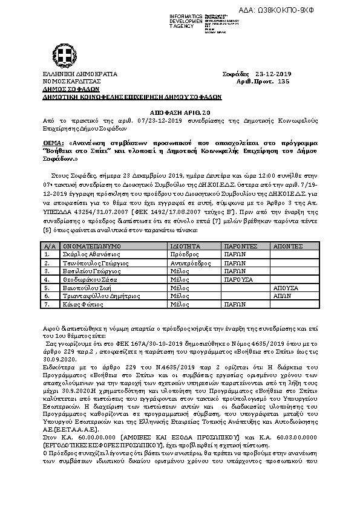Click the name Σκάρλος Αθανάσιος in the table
(x=87, y=255)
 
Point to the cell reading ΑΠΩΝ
(x=282, y=297)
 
